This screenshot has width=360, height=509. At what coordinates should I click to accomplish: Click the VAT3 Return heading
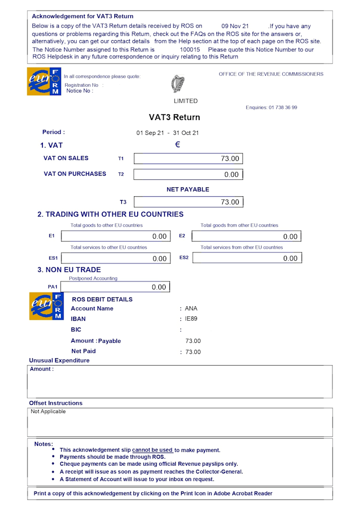[x=174, y=117]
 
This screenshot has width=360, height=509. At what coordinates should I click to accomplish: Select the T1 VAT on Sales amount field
[x=188, y=158]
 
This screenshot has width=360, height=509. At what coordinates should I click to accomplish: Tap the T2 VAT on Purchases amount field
[x=188, y=174]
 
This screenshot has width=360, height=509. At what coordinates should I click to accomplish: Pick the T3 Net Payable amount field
[x=188, y=202]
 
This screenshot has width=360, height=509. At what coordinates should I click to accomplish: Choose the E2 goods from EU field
[x=246, y=236]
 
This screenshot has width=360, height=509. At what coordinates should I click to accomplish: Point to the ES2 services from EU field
[x=246, y=258]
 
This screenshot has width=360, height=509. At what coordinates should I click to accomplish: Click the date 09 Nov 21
[x=235, y=26]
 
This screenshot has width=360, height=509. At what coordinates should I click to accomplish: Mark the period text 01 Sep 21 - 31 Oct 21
[x=167, y=133]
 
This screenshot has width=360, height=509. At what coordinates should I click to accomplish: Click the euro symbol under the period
[x=178, y=144]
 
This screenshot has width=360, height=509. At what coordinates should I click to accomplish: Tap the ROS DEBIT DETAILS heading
[x=102, y=299]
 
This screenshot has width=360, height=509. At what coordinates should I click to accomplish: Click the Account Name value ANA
[x=191, y=308]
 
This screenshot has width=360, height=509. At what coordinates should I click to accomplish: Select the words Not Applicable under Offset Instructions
[x=48, y=411]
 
